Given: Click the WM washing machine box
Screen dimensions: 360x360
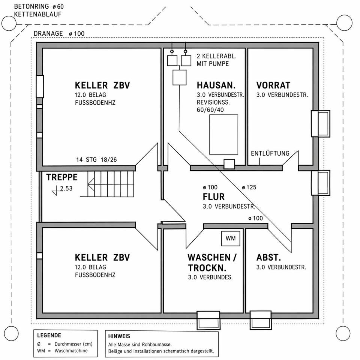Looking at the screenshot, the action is pyautogui.click(x=231, y=238).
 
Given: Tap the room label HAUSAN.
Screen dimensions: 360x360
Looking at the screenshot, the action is pyautogui.click(x=215, y=85).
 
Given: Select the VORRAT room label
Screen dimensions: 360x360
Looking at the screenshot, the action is pyautogui.click(x=273, y=85).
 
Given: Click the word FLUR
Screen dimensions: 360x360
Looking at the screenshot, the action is pyautogui.click(x=213, y=197).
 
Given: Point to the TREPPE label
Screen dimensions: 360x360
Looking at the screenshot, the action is pyautogui.click(x=62, y=177).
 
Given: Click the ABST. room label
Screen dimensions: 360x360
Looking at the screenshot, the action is pyautogui.click(x=268, y=258).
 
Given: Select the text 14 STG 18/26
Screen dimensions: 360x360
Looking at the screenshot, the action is pyautogui.click(x=96, y=160).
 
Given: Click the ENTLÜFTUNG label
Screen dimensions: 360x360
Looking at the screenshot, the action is pyautogui.click(x=270, y=153).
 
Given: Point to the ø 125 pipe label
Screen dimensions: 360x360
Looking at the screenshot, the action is pyautogui.click(x=249, y=187).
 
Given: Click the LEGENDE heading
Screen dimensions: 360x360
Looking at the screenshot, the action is pyautogui.click(x=49, y=335).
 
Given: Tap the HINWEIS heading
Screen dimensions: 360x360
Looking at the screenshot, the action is pyautogui.click(x=119, y=336).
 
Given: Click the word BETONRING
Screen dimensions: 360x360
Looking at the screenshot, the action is pyautogui.click(x=31, y=7).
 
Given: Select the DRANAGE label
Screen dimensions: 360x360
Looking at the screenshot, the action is pyautogui.click(x=48, y=34).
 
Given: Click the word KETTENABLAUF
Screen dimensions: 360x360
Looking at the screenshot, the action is pyautogui.click(x=37, y=14).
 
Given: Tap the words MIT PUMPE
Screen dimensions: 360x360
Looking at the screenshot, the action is pyautogui.click(x=213, y=64).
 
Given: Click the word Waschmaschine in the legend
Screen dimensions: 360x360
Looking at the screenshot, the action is pyautogui.click(x=71, y=351).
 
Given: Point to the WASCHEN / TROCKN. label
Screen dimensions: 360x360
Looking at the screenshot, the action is pyautogui.click(x=212, y=263).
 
